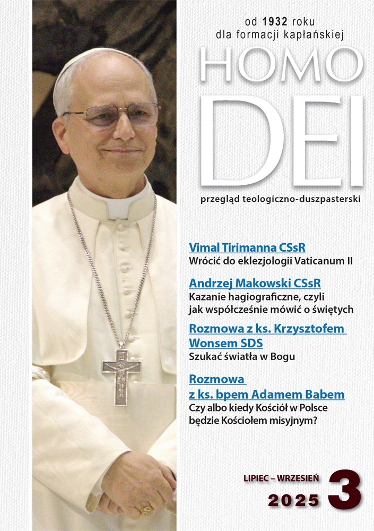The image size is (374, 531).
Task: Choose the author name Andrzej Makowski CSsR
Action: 255,282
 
